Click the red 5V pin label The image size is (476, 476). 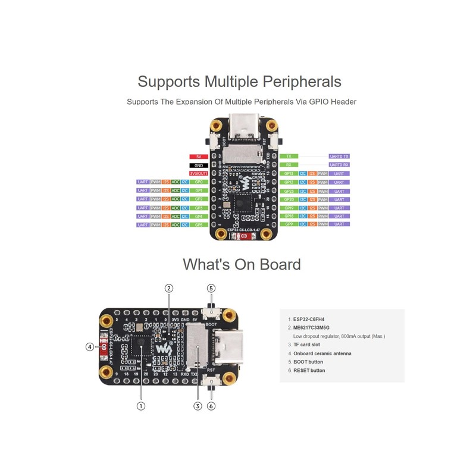coord(199,156)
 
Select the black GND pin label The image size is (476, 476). coord(199,165)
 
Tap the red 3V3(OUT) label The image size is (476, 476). coord(199,173)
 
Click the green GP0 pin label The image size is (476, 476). coord(199,182)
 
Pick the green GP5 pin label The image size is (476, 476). coord(199,225)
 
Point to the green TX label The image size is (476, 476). coord(289,156)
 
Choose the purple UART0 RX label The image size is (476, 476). coord(339,165)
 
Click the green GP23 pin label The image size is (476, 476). coord(289,191)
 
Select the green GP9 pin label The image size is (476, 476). coord(289,225)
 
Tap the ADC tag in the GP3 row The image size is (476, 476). coord(176,208)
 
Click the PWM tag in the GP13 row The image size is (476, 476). coord(323,173)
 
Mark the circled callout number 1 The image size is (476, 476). coord(141,406)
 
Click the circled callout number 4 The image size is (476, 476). coord(90,346)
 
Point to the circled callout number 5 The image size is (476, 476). coord(211,288)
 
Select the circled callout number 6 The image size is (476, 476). coord(211,406)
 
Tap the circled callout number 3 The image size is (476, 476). coord(198,406)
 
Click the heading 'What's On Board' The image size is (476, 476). coord(242,264)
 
